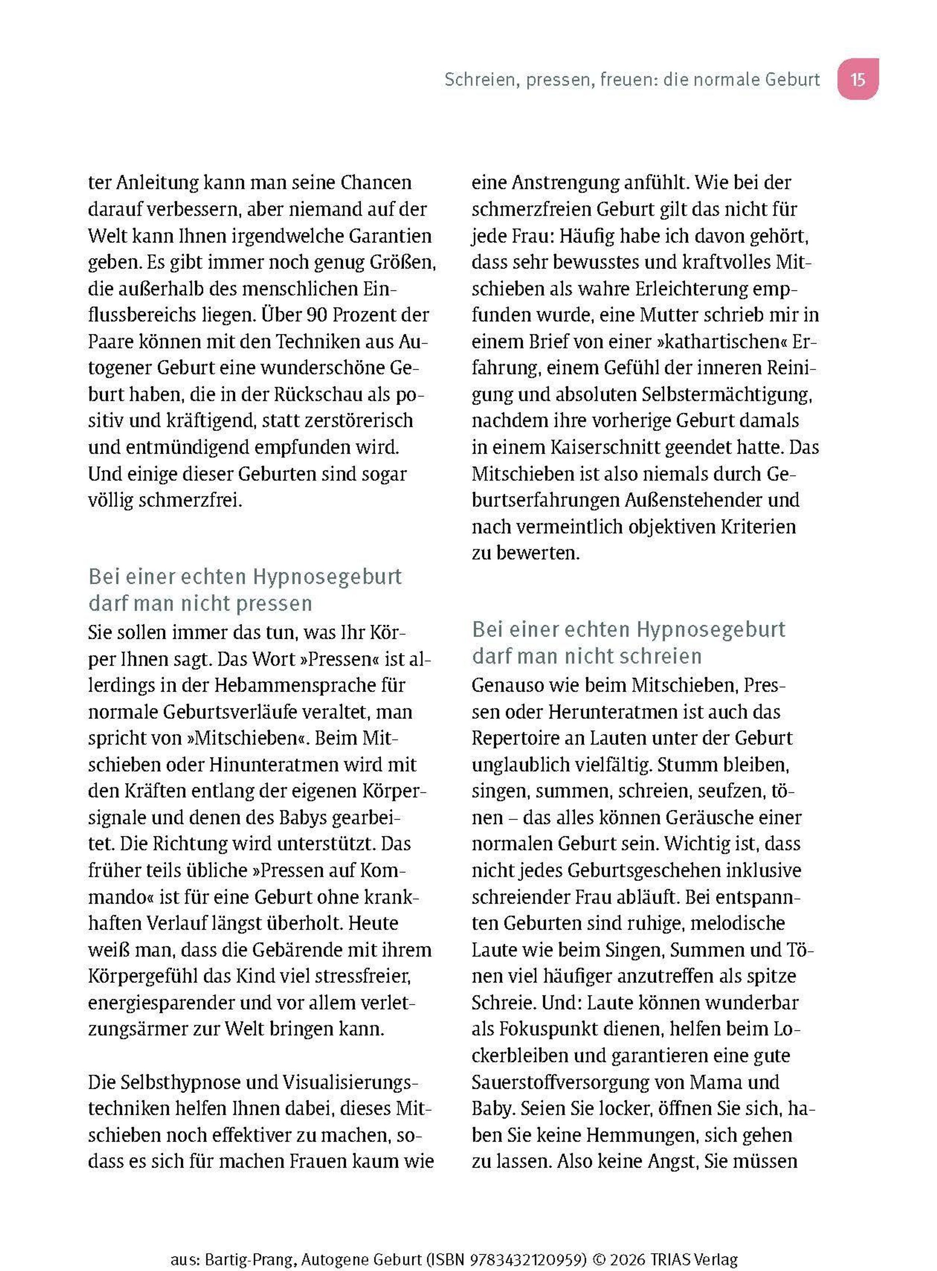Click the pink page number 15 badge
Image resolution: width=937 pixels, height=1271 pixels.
[858, 79]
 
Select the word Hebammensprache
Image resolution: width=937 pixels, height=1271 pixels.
[309, 685]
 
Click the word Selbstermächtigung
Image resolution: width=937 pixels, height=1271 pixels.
[727, 394]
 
